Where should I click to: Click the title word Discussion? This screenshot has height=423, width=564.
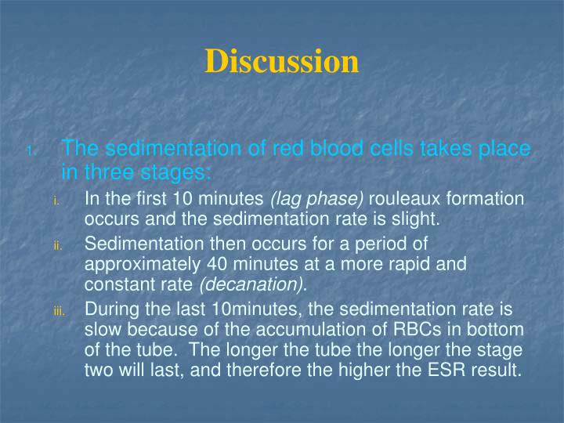tap(282, 61)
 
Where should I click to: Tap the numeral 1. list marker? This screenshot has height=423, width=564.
tap(29, 151)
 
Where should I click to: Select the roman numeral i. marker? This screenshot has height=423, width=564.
tap(56, 201)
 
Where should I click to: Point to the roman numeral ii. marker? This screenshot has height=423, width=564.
tap(57, 246)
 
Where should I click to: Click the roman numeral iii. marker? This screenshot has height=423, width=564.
tap(59, 312)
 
